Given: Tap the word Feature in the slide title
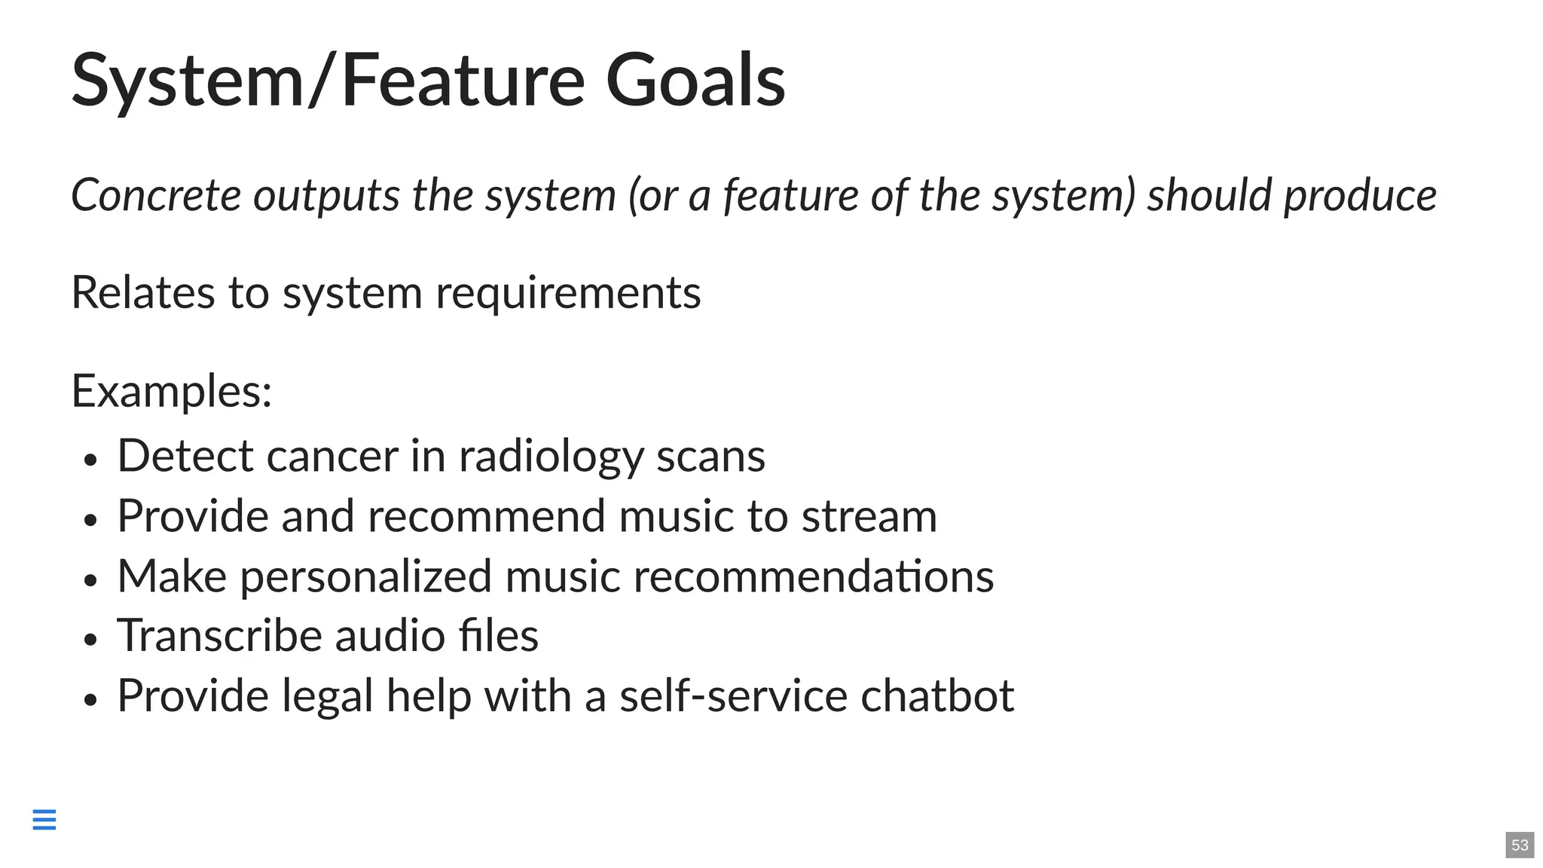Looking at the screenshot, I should coord(463,80).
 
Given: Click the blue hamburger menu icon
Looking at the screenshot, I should coord(44,819).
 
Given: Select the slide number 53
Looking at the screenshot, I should coord(1520,845).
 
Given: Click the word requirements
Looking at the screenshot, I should coord(568,292).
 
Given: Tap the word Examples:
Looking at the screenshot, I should coord(172,391).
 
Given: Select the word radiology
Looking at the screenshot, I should coord(550,457).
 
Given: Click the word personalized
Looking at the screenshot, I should coord(366,576).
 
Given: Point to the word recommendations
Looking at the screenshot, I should coord(814,576).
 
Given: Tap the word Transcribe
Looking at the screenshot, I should coord(219,636).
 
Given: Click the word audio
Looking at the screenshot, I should coord(390,636).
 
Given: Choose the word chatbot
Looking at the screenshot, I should coord(937,695).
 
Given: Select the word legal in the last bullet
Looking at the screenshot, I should coord(328,695).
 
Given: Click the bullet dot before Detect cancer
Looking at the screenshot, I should coord(91,460).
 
